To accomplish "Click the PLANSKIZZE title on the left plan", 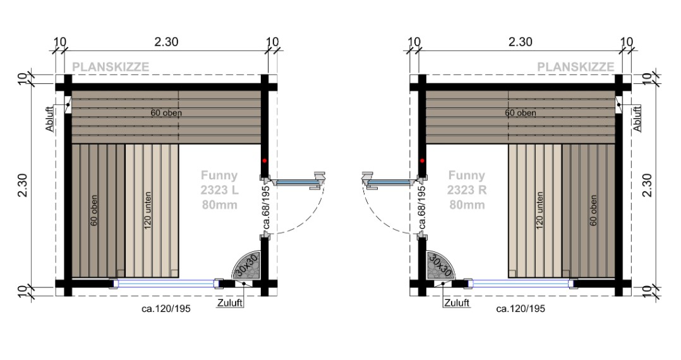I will (x=111, y=67).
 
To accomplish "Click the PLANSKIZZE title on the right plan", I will (x=576, y=67).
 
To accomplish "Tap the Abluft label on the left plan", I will (x=49, y=118).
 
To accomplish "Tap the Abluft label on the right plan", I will (x=637, y=118).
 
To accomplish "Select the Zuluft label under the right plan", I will (x=457, y=303).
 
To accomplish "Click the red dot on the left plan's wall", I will (x=265, y=160).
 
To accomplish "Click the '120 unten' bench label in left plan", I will (x=147, y=211).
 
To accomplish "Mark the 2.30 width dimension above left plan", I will (x=167, y=42).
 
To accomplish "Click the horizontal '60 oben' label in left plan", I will (x=166, y=114).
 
